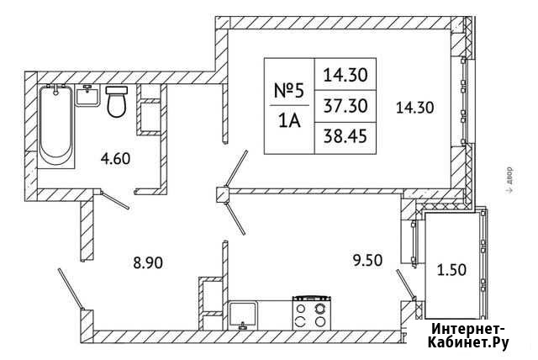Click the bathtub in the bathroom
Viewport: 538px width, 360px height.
pyautogui.click(x=55, y=126)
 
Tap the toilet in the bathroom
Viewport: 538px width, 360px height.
pyautogui.click(x=117, y=102)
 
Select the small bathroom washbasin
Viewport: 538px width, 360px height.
pyautogui.click(x=87, y=96)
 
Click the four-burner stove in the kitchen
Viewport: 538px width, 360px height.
pyautogui.click(x=311, y=313)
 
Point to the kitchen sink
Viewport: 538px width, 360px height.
pyautogui.click(x=243, y=315)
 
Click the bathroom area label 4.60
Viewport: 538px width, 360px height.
pyautogui.click(x=115, y=159)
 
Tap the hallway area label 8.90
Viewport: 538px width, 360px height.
pyautogui.click(x=148, y=263)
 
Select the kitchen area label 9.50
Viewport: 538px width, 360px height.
pyautogui.click(x=367, y=261)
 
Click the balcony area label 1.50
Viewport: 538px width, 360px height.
pyautogui.click(x=451, y=270)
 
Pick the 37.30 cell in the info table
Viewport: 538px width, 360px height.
pyautogui.click(x=345, y=106)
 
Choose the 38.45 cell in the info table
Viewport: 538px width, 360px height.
pyautogui.click(x=345, y=137)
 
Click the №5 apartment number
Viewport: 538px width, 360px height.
pyautogui.click(x=289, y=91)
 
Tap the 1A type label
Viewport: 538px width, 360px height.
pyautogui.click(x=289, y=121)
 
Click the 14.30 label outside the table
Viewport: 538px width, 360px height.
pyautogui.click(x=414, y=108)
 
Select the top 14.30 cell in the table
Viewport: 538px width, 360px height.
pyautogui.click(x=345, y=75)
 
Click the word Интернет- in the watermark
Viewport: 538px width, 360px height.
pyautogui.click(x=468, y=329)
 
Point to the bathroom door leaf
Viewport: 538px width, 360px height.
pyautogui.click(x=115, y=200)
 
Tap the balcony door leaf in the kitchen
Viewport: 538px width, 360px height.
pyautogui.click(x=406, y=284)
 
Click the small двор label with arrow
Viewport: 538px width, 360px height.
pyautogui.click(x=509, y=180)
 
